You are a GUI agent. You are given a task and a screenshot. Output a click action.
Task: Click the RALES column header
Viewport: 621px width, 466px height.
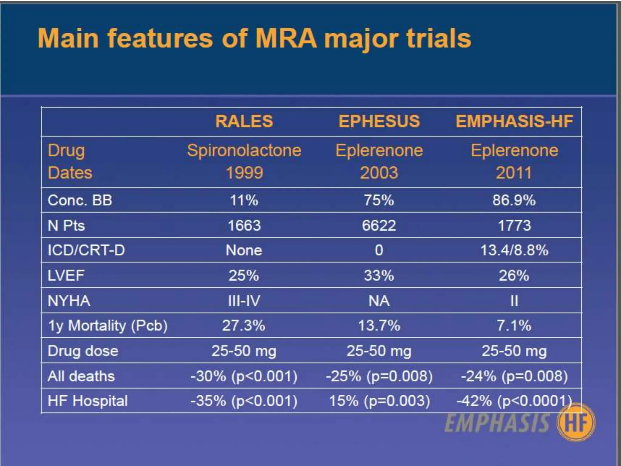pyautogui.click(x=244, y=121)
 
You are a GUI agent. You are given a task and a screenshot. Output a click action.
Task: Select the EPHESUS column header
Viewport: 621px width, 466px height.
pyautogui.click(x=379, y=121)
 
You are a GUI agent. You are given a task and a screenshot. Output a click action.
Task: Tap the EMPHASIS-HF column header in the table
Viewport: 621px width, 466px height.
pyautogui.click(x=514, y=121)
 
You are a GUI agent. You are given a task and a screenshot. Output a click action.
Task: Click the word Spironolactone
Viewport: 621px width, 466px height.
pyautogui.click(x=244, y=150)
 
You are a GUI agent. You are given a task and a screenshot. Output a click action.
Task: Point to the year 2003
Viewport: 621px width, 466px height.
pyautogui.click(x=379, y=173)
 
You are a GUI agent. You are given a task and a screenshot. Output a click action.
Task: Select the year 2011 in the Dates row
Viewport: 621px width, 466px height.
pyautogui.click(x=514, y=173)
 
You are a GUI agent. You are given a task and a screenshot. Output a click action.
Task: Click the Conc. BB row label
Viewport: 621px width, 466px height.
pyautogui.click(x=80, y=201)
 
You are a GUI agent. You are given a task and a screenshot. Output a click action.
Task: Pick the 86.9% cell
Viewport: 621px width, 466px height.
pyautogui.click(x=514, y=201)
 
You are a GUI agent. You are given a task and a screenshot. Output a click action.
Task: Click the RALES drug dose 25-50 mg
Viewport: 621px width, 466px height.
pyautogui.click(x=244, y=351)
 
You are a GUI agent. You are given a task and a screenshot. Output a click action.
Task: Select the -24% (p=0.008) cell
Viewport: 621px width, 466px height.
pyautogui.click(x=514, y=376)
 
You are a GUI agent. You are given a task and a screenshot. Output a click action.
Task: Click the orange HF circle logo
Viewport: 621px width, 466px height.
pyautogui.click(x=576, y=423)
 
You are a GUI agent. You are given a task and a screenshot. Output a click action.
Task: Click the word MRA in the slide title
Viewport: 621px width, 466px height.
pyautogui.click(x=286, y=39)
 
